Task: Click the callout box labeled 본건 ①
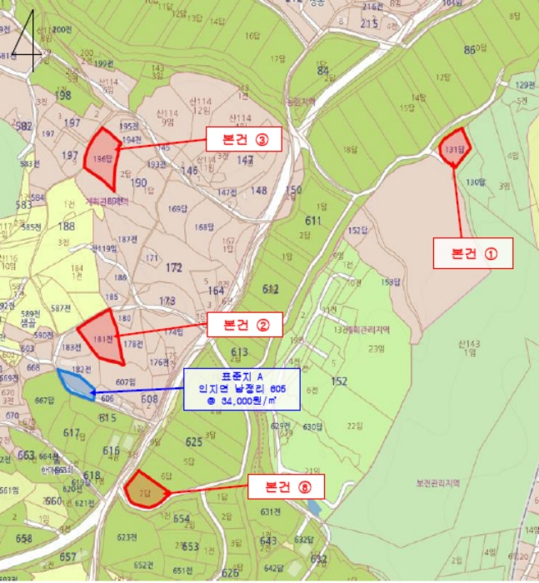point(472,253)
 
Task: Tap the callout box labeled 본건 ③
point(244,140)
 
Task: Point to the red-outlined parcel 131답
point(454,147)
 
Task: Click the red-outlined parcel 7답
point(145,491)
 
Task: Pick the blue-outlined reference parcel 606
point(77,384)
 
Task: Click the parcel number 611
point(313,221)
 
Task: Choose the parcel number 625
point(193,441)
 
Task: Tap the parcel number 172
point(174,268)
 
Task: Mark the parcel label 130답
point(474,182)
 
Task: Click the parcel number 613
point(240,352)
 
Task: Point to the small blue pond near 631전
point(312,506)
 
